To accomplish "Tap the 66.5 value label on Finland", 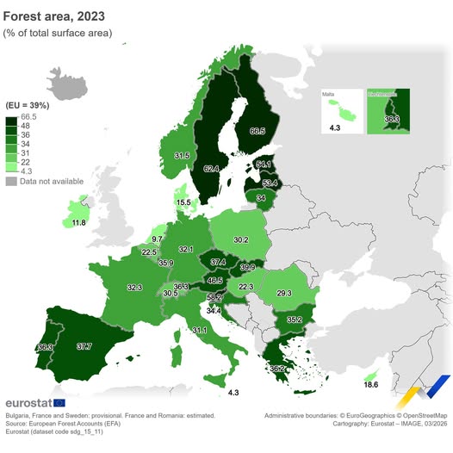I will (x=257, y=132).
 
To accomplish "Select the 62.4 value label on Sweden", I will (x=209, y=170).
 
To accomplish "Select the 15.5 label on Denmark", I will (x=183, y=203).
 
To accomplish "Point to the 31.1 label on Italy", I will (x=199, y=331).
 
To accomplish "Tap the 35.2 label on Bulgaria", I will (x=295, y=320).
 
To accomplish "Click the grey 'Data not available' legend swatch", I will (x=11, y=181).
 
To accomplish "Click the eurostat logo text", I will (x=27, y=403).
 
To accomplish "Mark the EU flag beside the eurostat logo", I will (x=59, y=403).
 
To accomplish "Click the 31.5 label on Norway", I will (x=182, y=156).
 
